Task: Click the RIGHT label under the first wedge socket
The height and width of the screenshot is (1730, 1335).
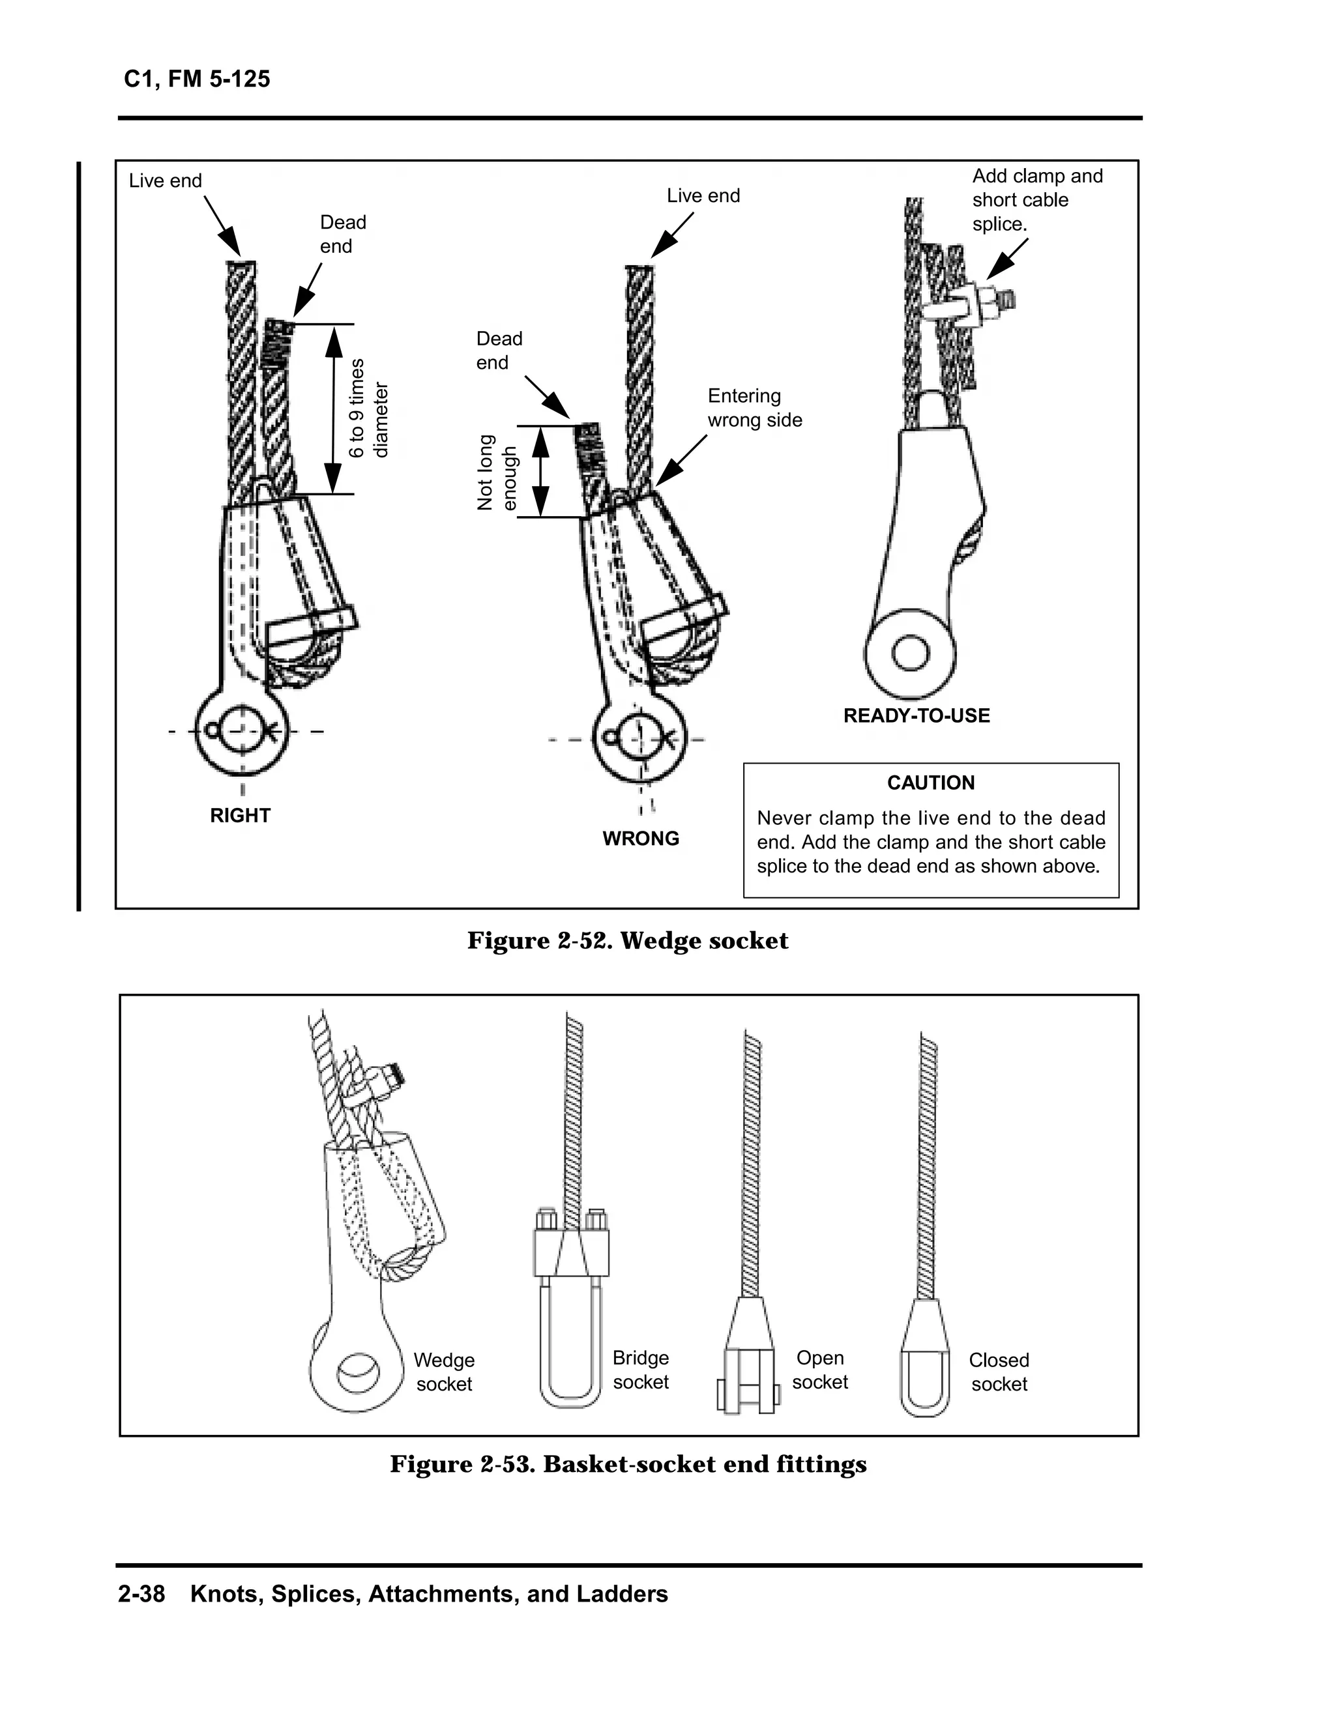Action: (x=240, y=815)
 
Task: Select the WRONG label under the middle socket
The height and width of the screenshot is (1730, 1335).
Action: (x=640, y=838)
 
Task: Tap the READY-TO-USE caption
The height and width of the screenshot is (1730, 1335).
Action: (x=916, y=715)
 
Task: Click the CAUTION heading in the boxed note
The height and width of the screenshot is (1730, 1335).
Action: (x=930, y=783)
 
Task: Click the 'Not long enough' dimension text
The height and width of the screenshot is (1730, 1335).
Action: (x=497, y=472)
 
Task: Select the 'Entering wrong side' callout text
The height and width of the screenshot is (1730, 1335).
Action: (x=754, y=408)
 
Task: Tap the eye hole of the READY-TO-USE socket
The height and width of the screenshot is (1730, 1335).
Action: (x=909, y=654)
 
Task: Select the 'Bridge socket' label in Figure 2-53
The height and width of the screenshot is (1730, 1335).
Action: (x=640, y=1370)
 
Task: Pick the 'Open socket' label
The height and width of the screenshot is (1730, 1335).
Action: (x=819, y=1370)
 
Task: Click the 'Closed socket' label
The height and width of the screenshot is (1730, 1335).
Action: (x=998, y=1372)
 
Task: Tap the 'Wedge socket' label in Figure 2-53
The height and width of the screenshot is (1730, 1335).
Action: (x=444, y=1372)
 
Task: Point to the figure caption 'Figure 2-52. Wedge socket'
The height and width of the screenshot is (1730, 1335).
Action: (x=628, y=940)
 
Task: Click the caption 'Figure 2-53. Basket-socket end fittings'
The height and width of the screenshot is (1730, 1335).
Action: (x=628, y=1464)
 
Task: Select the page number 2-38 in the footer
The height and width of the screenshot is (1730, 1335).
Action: (x=141, y=1594)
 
